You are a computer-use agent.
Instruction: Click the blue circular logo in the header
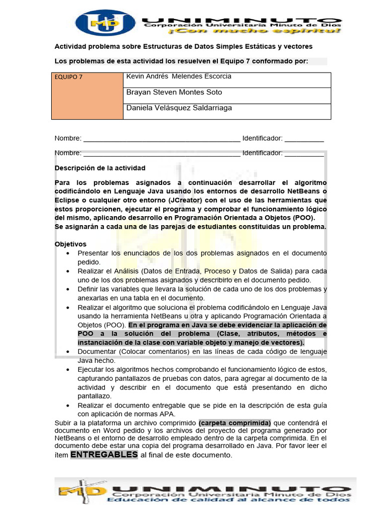click(x=105, y=23)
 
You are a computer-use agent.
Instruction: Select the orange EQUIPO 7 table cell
click(x=87, y=96)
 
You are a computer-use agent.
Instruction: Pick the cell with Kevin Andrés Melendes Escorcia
click(x=179, y=77)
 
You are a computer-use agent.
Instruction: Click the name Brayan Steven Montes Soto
click(x=174, y=92)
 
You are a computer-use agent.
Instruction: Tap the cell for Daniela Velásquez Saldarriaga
click(x=179, y=108)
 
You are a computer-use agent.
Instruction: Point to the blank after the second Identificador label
click(x=304, y=153)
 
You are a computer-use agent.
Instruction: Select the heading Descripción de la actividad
click(x=100, y=168)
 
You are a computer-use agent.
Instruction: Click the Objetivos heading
click(x=70, y=244)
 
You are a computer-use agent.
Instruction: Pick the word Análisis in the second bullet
click(x=126, y=271)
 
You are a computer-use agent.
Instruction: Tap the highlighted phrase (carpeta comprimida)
click(x=235, y=423)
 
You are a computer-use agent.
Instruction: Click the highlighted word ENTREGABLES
click(x=103, y=455)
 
